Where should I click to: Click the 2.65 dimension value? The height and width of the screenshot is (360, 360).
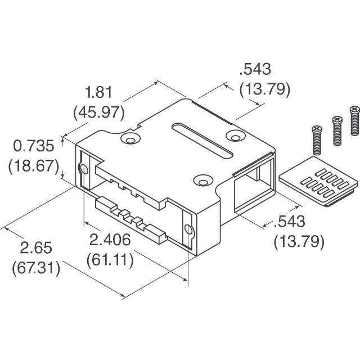35,247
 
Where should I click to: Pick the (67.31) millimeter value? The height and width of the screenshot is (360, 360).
35,268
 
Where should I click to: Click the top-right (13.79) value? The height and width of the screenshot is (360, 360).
264,88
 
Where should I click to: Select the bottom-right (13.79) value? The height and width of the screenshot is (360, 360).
298,241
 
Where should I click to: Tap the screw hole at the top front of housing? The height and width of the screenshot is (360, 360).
201,180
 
